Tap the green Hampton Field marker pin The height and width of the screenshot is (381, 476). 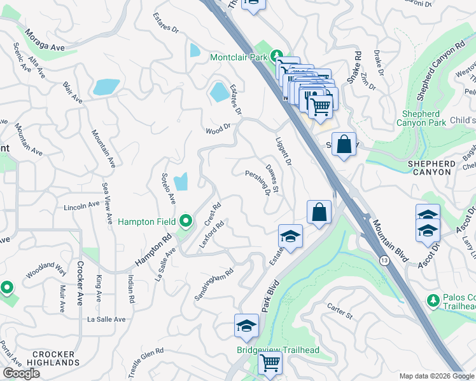186,222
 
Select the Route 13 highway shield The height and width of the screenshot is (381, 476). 384,261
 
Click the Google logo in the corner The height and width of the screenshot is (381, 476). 21,373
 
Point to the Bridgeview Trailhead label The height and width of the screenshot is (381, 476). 278,350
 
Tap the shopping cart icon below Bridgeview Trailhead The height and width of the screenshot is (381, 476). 270,364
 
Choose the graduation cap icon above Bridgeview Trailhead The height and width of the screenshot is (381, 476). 246,326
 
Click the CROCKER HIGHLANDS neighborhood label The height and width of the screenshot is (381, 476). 45,358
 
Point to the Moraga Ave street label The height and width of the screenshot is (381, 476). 45,39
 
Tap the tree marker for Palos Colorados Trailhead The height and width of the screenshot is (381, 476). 433,299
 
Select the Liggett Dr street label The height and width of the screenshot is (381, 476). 283,152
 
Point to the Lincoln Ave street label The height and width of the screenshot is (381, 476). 81,206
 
